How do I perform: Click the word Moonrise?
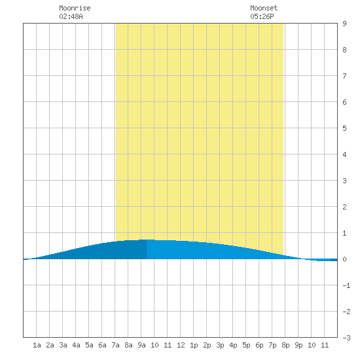(x=75, y=8)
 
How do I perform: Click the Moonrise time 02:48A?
(x=71, y=16)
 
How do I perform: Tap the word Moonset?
(x=264, y=8)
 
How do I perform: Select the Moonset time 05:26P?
(x=262, y=16)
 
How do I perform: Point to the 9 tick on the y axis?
(x=344, y=24)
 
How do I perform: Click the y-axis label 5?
(x=344, y=128)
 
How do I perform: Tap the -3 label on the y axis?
(x=346, y=338)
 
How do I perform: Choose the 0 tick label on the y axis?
(x=344, y=259)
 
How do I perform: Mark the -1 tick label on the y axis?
(x=346, y=285)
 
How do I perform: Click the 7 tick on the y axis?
(x=344, y=76)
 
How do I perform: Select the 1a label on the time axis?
(x=37, y=345)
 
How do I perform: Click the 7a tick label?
(x=115, y=345)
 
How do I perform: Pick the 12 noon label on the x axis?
(x=181, y=345)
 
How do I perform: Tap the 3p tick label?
(x=220, y=345)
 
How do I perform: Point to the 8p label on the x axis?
(x=285, y=345)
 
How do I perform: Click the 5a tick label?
(x=89, y=345)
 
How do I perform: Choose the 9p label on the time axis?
(x=298, y=345)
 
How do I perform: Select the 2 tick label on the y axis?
(x=344, y=207)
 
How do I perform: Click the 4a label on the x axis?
(x=76, y=345)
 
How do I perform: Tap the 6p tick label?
(x=259, y=345)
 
